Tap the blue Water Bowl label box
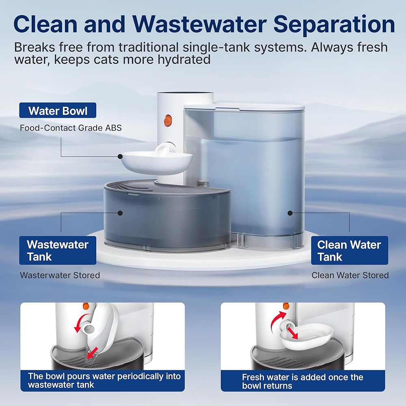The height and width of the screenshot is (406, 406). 58,110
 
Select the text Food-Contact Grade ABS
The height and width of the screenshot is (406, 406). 71,128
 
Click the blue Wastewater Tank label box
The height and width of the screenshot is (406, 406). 58,251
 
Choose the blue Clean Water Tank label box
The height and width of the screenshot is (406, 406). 349,251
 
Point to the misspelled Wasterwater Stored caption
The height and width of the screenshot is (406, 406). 60,275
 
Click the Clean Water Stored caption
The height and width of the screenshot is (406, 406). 350,275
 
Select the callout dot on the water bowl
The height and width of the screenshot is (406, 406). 121,156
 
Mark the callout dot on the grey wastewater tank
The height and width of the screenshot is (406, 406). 121,212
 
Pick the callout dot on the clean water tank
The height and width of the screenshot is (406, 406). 290,212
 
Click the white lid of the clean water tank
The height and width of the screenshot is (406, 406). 244,106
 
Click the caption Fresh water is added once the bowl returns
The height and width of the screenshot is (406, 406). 302,381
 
